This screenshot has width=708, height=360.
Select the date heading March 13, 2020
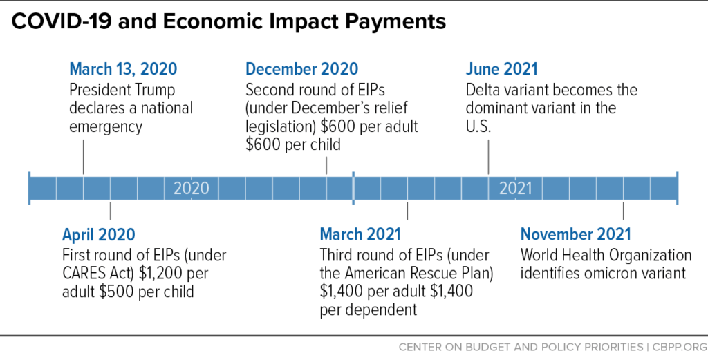tap(123, 69)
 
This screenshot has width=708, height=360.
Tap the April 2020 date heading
tap(98, 234)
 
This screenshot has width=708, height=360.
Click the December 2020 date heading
tap(301, 69)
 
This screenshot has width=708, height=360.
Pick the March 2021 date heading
tap(360, 234)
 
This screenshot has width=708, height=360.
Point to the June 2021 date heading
tap(501, 69)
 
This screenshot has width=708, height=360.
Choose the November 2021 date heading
tap(575, 234)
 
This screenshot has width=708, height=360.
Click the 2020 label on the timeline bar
tap(191, 188)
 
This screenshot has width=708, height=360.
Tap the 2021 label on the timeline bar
tap(516, 188)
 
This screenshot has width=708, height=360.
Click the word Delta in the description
tap(483, 91)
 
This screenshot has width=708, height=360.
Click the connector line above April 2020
tap(110, 211)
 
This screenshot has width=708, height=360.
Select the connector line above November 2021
tap(624, 211)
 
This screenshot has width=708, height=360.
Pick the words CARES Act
tap(91, 273)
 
